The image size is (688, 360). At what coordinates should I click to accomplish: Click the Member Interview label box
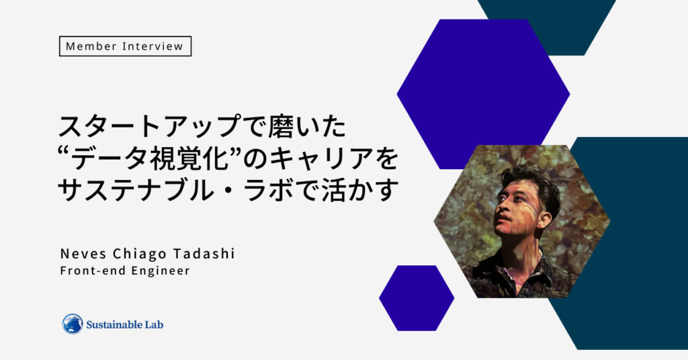pyautogui.click(x=125, y=46)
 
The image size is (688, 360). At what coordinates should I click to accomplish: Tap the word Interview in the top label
pyautogui.click(x=153, y=46)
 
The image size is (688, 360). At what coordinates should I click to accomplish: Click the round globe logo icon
pyautogui.click(x=73, y=324)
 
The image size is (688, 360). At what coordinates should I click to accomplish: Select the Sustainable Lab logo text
pyautogui.click(x=124, y=324)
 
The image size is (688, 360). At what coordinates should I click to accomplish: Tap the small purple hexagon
pyautogui.click(x=417, y=298)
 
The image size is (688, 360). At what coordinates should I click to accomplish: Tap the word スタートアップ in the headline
pyautogui.click(x=145, y=127)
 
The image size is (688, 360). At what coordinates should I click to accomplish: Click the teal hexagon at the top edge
pyautogui.click(x=547, y=27)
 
